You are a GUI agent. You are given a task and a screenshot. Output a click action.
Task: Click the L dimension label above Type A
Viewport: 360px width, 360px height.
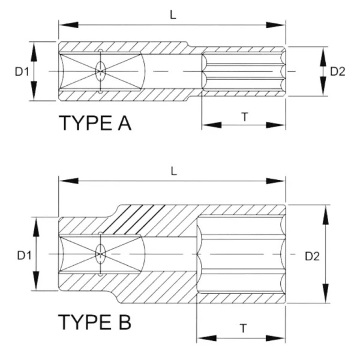pos(173,16)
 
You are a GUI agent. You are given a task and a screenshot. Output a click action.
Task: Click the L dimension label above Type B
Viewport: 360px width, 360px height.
pos(173,171)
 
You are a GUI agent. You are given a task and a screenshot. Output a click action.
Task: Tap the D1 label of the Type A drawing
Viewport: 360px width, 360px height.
pos(22,72)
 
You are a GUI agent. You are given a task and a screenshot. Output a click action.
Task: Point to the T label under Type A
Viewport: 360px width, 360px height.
pos(245,116)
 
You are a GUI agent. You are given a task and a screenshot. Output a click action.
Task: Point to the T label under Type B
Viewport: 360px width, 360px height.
pos(242,328)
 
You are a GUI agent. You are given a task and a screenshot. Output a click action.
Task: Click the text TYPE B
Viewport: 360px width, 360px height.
pos(95,322)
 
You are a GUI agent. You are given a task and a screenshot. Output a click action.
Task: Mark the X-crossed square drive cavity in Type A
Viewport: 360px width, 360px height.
pos(100,72)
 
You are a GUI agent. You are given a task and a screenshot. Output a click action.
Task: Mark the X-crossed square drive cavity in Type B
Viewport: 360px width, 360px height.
pos(100,255)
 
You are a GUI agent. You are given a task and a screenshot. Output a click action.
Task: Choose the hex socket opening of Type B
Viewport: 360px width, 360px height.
pos(240,255)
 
